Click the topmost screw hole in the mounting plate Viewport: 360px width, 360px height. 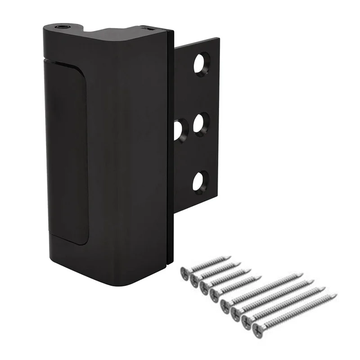point(202,63)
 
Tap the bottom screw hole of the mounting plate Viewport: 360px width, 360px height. point(201,181)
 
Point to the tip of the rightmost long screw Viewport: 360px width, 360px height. point(336,295)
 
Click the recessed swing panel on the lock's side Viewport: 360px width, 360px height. point(67,153)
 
